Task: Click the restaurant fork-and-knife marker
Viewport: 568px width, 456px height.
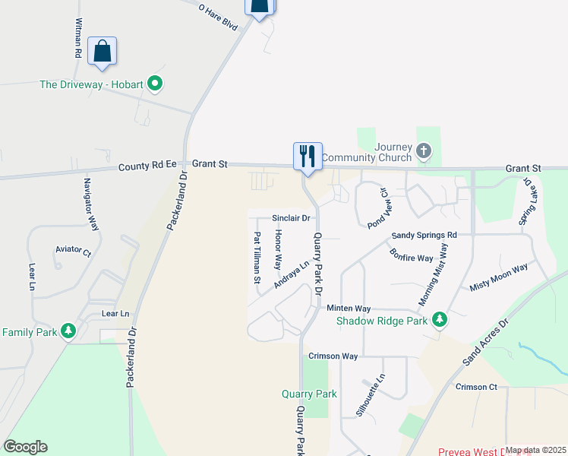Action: coord(308,156)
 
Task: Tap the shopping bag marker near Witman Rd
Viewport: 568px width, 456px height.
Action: coord(102,51)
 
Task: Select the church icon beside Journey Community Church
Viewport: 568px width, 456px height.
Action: coord(424,152)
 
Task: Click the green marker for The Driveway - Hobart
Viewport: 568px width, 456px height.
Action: coord(155,84)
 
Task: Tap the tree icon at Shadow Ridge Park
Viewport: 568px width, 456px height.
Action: coord(439,320)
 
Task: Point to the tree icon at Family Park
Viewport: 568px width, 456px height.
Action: coord(68,331)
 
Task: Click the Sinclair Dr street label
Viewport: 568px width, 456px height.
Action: coord(292,218)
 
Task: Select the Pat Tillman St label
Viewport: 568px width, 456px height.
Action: coord(257,258)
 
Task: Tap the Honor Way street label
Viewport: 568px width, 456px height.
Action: coord(278,250)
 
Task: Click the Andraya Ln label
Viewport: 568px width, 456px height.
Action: coord(292,275)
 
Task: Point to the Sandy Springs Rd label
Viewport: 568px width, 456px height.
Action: coord(424,236)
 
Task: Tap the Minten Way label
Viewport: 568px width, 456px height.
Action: coord(349,309)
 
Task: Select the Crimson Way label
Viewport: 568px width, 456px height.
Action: coord(333,356)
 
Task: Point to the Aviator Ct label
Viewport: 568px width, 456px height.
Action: coord(73,252)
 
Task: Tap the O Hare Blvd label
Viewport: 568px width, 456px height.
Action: coord(218,17)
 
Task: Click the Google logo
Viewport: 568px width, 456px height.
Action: coord(25,447)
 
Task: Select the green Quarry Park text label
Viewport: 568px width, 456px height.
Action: coord(309,394)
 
